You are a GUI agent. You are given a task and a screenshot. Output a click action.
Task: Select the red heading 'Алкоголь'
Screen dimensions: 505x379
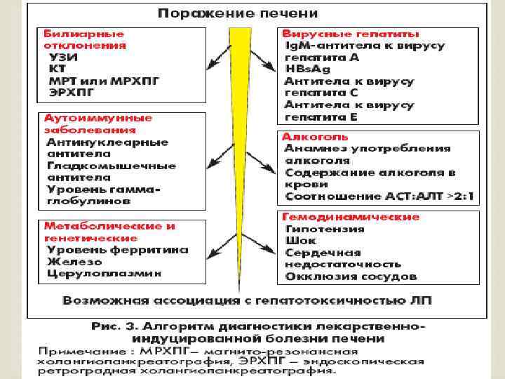(x=314, y=136)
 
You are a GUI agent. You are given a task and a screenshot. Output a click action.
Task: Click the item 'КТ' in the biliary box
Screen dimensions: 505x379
(x=55, y=69)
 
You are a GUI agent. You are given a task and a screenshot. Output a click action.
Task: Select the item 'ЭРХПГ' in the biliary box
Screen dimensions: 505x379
(x=71, y=92)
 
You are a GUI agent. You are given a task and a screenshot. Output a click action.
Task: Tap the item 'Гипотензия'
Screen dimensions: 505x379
(x=325, y=229)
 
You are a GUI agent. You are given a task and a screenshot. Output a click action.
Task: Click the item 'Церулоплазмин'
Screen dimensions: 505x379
(x=104, y=272)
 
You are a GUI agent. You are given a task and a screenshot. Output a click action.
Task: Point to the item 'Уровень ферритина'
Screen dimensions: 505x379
(x=117, y=248)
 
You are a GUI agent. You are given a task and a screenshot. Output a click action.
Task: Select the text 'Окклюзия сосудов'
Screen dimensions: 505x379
(x=351, y=277)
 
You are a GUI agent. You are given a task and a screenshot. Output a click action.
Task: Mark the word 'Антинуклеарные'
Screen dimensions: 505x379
(x=107, y=142)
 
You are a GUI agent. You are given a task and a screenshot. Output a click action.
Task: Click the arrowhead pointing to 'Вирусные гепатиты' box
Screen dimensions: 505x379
(x=271, y=69)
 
